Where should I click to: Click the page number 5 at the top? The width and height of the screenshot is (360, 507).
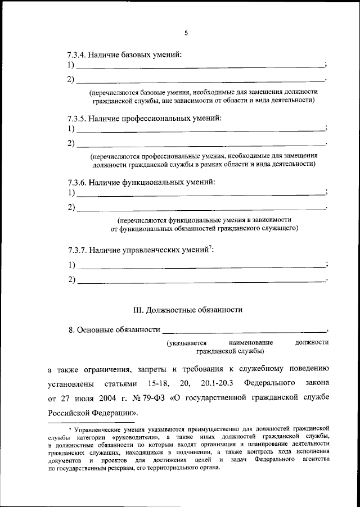coord(186,33)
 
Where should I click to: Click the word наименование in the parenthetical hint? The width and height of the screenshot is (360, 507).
coord(251,342)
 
